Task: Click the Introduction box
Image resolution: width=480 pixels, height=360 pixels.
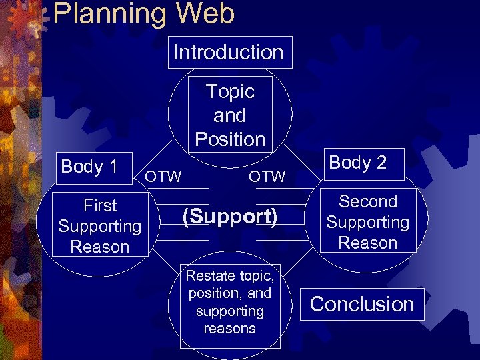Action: coord(229,52)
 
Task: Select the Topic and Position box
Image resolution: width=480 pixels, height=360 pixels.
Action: coord(230,115)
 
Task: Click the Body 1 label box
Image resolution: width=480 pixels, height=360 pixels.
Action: coord(89,166)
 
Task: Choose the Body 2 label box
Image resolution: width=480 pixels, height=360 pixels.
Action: coord(358,163)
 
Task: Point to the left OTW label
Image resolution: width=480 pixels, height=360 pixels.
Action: coord(163,176)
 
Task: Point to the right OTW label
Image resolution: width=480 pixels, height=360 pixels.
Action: coord(267,176)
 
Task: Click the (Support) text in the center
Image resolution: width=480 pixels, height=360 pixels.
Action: coord(230,216)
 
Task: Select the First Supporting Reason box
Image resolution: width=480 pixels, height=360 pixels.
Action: coord(100,225)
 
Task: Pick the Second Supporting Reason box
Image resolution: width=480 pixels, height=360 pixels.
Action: coord(368,221)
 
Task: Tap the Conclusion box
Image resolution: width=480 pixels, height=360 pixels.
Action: coord(362,304)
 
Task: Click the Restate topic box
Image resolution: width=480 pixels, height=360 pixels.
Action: coord(230,302)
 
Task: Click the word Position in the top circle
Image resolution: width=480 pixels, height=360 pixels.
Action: coord(230,139)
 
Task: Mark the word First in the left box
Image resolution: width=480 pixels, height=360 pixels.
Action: coord(100,205)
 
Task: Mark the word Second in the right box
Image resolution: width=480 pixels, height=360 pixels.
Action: coord(368,201)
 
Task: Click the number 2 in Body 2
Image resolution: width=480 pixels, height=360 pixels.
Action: coord(381,163)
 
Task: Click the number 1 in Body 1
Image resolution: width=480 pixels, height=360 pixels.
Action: coord(112,166)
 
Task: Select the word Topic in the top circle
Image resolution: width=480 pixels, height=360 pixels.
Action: coord(230,91)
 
